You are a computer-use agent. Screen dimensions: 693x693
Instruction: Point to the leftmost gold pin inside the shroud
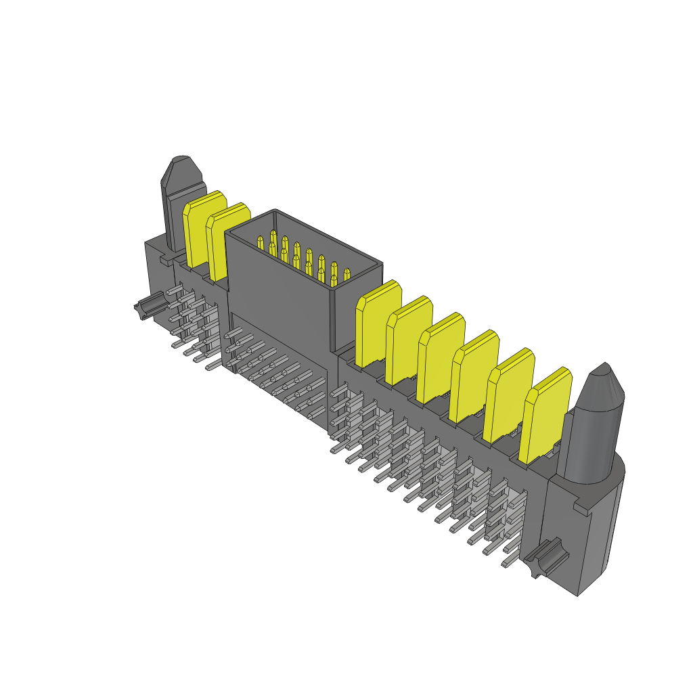[x=260, y=242]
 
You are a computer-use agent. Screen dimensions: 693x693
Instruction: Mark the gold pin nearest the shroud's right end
[x=346, y=274]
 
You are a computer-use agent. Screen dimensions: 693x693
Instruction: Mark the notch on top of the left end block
[x=165, y=259]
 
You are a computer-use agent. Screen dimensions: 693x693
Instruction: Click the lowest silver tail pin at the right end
[x=508, y=562]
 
